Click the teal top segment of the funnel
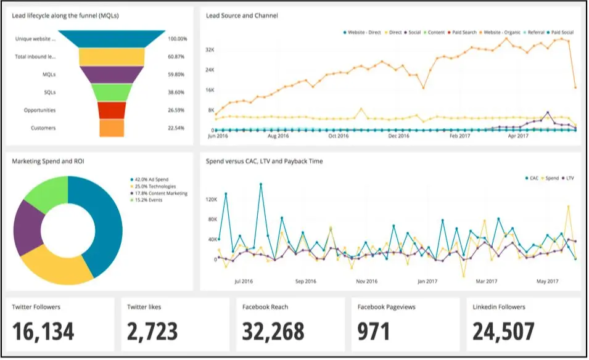[112, 39]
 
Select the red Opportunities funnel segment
[112, 110]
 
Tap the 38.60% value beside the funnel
[177, 92]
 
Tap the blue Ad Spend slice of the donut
[99, 222]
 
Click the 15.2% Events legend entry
[148, 200]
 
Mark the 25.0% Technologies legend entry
[154, 186]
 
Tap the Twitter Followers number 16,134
[43, 332]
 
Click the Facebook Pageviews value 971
[374, 332]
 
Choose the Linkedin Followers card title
[499, 306]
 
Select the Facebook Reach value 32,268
[273, 332]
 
